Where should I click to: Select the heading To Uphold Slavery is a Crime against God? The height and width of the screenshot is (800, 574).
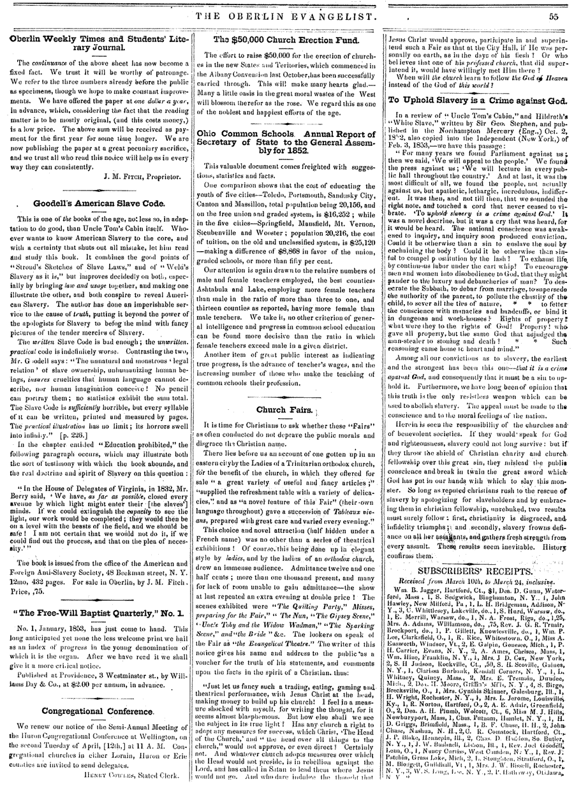[x=476, y=99]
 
